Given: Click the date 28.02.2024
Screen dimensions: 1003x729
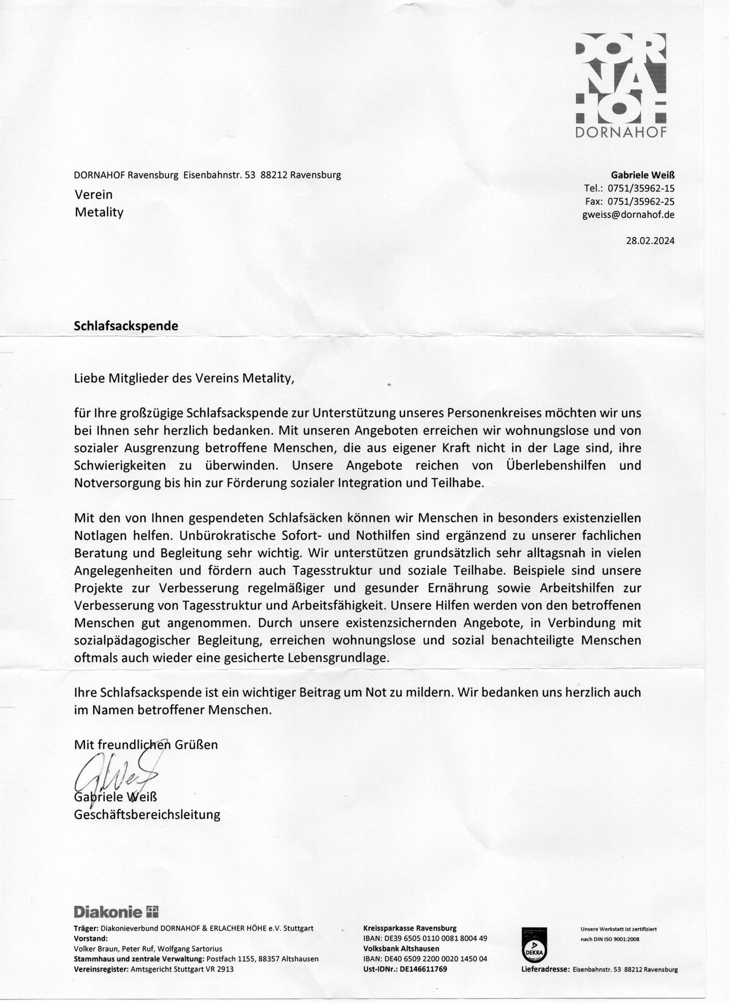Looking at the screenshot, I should [650, 241].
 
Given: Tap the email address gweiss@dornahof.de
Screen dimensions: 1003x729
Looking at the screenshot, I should [628, 215].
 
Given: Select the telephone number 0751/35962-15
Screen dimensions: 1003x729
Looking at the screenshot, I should [641, 189].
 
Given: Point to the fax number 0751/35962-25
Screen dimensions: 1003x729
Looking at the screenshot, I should [641, 202].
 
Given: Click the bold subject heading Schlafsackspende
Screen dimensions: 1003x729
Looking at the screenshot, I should [126, 326].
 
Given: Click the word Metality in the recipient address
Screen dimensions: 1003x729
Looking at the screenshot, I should [99, 212].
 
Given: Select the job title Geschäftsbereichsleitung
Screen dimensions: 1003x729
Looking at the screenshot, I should [147, 814].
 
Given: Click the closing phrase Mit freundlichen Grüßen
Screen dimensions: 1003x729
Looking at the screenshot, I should [145, 744].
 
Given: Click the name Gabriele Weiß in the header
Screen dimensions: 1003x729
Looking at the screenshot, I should [642, 176].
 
